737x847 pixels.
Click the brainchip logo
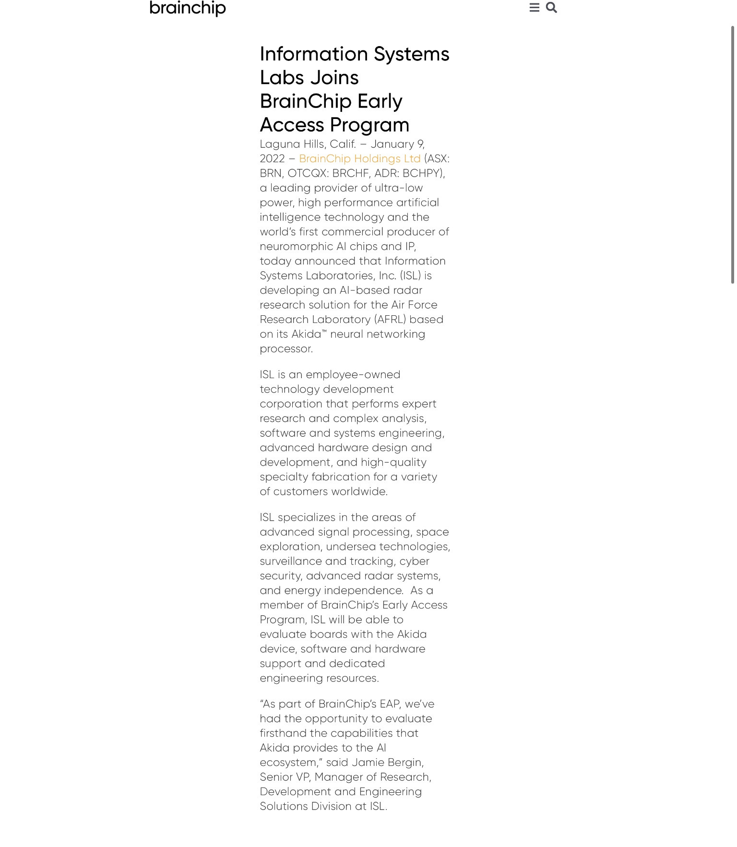(188, 8)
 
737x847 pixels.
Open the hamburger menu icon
(534, 8)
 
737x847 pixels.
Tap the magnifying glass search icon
(551, 8)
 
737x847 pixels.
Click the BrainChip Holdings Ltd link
(359, 159)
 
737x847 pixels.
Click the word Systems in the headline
(411, 54)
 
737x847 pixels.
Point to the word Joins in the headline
(334, 78)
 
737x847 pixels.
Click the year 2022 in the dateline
(272, 159)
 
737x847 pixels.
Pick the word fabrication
(341, 477)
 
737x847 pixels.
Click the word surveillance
(291, 561)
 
